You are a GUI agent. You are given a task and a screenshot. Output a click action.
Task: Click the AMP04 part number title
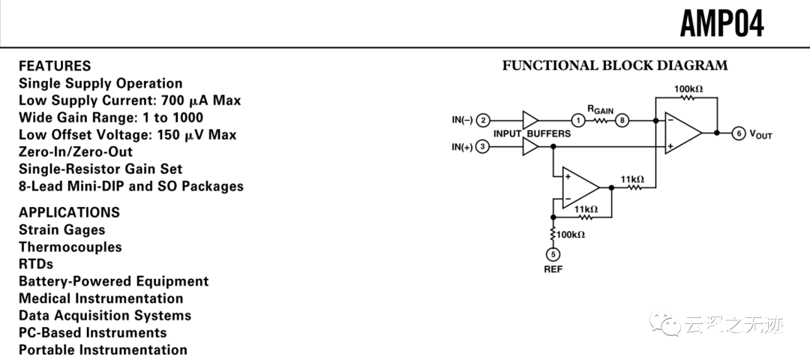[721, 24]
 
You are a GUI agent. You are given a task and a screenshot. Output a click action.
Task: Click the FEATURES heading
[55, 66]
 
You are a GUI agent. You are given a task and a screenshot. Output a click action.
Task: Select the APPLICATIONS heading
[69, 212]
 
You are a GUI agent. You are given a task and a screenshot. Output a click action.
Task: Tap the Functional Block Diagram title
[615, 65]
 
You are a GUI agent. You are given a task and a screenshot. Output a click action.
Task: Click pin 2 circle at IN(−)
[484, 120]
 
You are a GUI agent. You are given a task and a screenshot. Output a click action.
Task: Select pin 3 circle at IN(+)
[484, 147]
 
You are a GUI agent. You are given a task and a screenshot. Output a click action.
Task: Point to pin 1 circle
[577, 120]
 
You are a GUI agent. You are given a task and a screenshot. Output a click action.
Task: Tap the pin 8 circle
[622, 120]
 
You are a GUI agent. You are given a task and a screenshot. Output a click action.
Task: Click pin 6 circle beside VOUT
[739, 133]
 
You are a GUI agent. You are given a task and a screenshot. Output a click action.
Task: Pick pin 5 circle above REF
[553, 253]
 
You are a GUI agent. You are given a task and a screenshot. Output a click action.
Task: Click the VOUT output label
[760, 135]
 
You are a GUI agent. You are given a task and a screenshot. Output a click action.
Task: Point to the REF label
[553, 269]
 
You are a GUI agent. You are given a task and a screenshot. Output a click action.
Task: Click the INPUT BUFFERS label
[532, 133]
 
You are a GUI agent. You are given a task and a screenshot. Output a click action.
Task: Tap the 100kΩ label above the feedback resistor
[688, 89]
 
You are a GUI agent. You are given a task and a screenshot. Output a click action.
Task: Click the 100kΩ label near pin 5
[571, 235]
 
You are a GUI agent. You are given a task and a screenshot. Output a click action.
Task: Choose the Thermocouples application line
[70, 247]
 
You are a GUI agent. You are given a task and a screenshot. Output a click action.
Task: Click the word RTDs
[36, 264]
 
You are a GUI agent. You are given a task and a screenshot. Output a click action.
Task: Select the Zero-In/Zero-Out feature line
[76, 152]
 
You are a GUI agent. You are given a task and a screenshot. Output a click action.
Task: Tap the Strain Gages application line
[62, 229]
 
